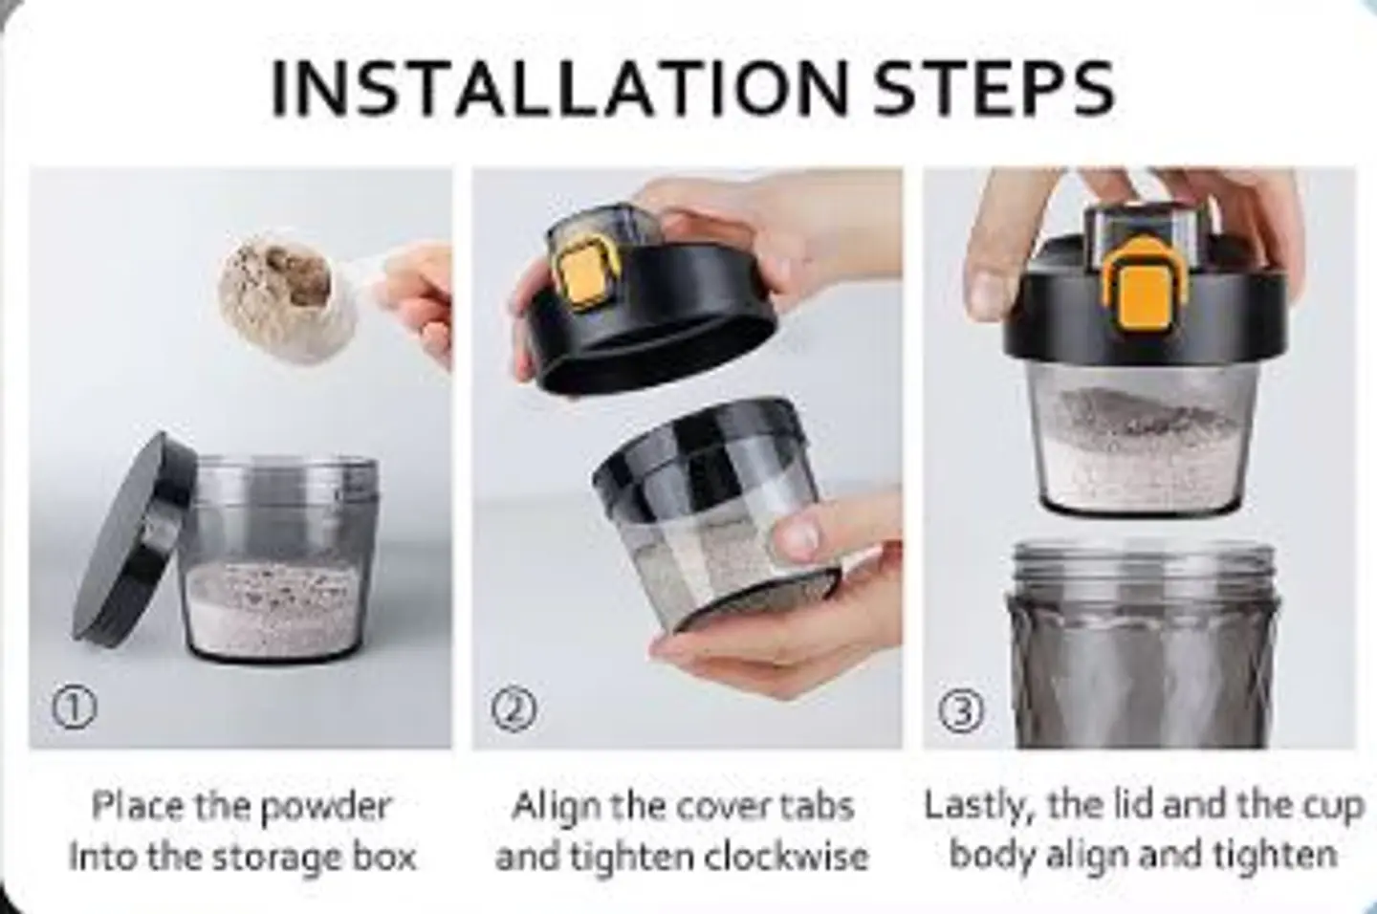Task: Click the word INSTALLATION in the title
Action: click(560, 88)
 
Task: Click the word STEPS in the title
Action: click(994, 88)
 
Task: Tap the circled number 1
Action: click(74, 708)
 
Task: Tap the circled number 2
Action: click(514, 710)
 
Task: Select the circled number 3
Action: click(961, 710)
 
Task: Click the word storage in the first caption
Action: click(275, 858)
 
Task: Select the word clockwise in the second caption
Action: click(786, 856)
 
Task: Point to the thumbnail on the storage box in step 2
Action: click(799, 533)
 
